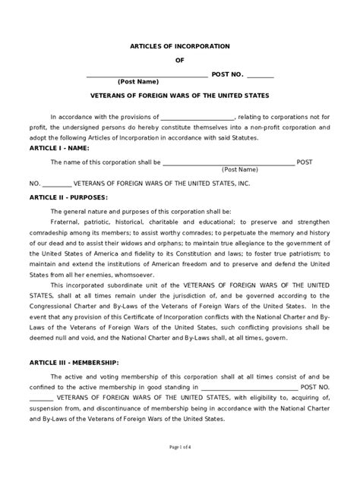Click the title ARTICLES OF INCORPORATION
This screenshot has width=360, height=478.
[179, 46]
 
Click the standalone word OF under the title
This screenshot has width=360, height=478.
[179, 61]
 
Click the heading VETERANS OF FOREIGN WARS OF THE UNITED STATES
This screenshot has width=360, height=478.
[179, 96]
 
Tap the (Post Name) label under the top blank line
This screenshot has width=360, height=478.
[137, 81]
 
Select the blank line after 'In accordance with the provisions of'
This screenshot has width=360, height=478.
[197, 118]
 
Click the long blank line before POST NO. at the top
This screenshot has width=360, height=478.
[147, 74]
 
